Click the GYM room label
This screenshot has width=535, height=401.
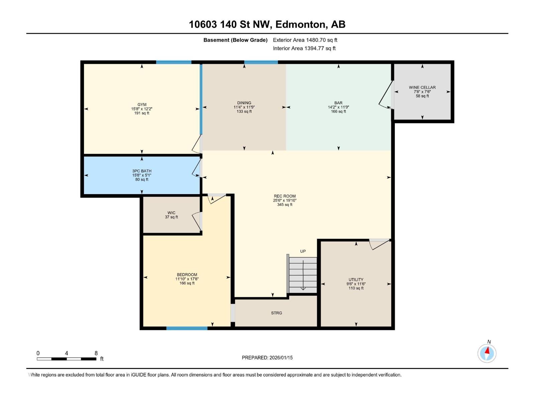click(142, 105)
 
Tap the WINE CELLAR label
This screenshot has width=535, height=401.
click(422, 87)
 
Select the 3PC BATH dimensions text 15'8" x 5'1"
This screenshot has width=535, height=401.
click(142, 175)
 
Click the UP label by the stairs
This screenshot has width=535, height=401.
click(303, 251)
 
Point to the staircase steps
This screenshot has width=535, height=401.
click(303, 275)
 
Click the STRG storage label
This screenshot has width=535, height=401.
click(277, 313)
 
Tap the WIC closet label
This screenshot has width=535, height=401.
click(171, 213)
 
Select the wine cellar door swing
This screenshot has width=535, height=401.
click(386, 95)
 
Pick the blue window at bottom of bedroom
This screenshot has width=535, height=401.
click(187, 328)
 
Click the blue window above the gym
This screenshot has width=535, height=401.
click(174, 62)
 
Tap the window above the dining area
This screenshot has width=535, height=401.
click(261, 62)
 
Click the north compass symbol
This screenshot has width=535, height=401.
click(487, 353)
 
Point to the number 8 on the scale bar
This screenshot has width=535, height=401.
click(96, 353)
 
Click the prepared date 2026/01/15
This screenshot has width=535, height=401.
click(281, 358)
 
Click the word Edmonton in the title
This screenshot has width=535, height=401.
click(300, 24)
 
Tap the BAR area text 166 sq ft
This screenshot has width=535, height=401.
click(338, 112)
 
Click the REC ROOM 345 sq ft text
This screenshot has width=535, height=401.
click(285, 205)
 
